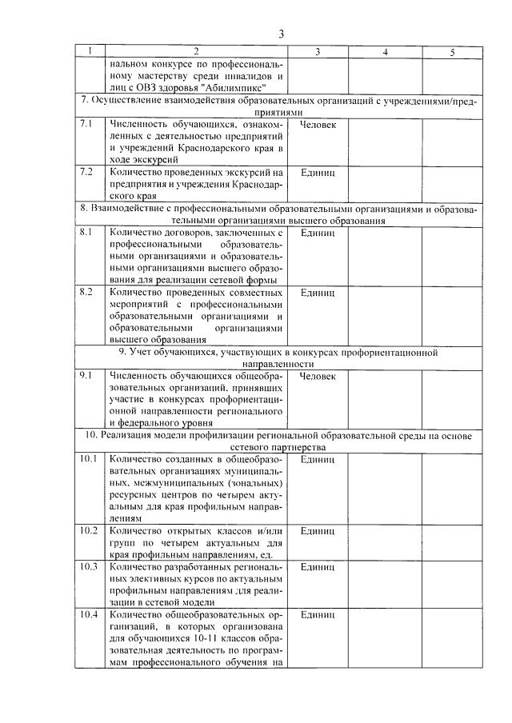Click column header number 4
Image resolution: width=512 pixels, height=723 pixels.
(386, 51)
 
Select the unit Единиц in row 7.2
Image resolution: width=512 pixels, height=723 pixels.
(318, 172)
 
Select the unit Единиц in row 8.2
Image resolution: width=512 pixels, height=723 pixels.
(318, 292)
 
